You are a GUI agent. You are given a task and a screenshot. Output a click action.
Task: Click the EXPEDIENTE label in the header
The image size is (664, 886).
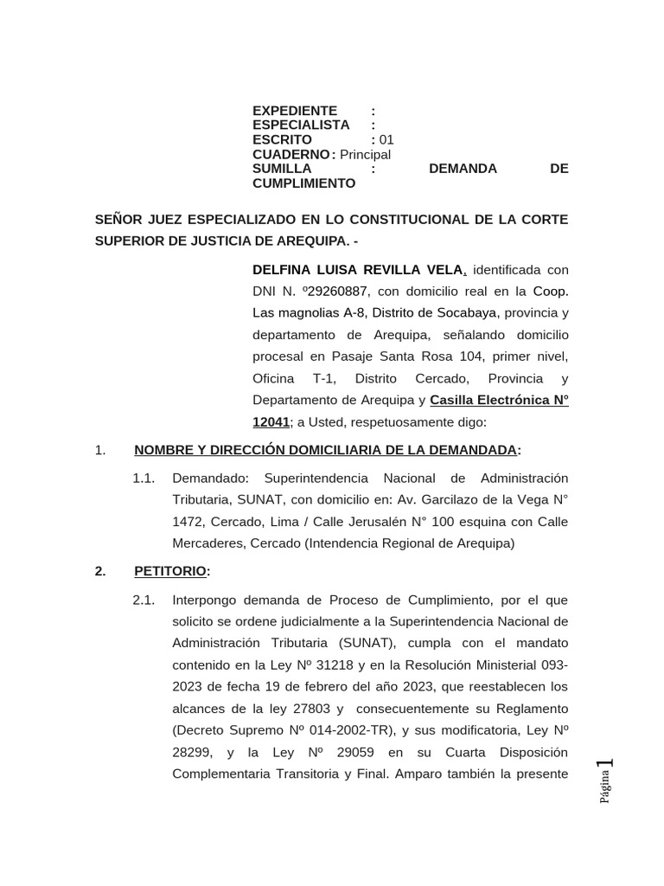tap(295, 111)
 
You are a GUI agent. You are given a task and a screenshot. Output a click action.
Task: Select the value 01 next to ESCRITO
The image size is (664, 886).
tap(386, 139)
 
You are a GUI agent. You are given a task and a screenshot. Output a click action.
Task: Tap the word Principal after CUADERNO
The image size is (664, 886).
tap(365, 154)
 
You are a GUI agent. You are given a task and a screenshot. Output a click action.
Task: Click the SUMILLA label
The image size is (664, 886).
tap(282, 169)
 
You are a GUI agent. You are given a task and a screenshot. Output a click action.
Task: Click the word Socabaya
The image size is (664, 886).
tap(472, 312)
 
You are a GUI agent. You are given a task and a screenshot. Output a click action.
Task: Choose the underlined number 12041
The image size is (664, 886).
tap(271, 422)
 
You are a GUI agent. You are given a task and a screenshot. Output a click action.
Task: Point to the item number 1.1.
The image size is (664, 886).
tap(144, 478)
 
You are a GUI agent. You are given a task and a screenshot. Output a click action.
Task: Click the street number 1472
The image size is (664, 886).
tap(188, 521)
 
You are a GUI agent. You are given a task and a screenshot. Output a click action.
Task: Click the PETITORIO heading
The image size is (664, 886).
tap(170, 571)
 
